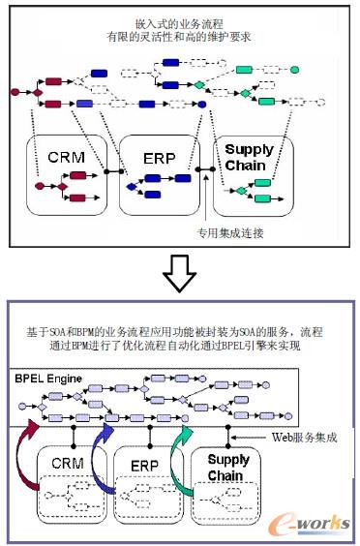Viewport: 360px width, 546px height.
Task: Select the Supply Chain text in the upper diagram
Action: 249,157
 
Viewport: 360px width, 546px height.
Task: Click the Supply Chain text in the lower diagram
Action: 228,468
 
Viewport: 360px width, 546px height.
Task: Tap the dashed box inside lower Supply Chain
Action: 229,503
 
